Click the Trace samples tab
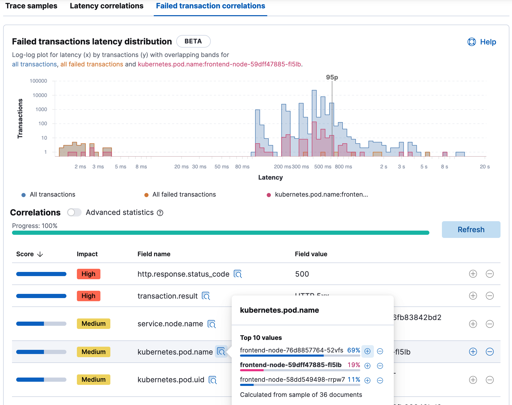coord(31,6)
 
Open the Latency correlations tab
coord(106,6)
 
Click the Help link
coord(482,42)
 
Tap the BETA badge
coord(193,41)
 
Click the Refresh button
coord(471,230)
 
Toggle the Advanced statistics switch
coord(74,212)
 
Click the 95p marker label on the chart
coord(332,77)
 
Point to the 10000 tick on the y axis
coord(40,95)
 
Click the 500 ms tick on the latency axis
coord(322,167)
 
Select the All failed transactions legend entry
coord(184,195)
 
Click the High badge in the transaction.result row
coord(88,296)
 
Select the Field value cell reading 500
coord(302,274)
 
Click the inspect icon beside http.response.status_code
coord(237,274)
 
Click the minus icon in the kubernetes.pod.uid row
coord(490,380)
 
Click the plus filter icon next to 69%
coord(367,351)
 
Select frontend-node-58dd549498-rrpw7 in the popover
coord(292,380)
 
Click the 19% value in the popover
coord(354,365)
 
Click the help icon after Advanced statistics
coord(160,213)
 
